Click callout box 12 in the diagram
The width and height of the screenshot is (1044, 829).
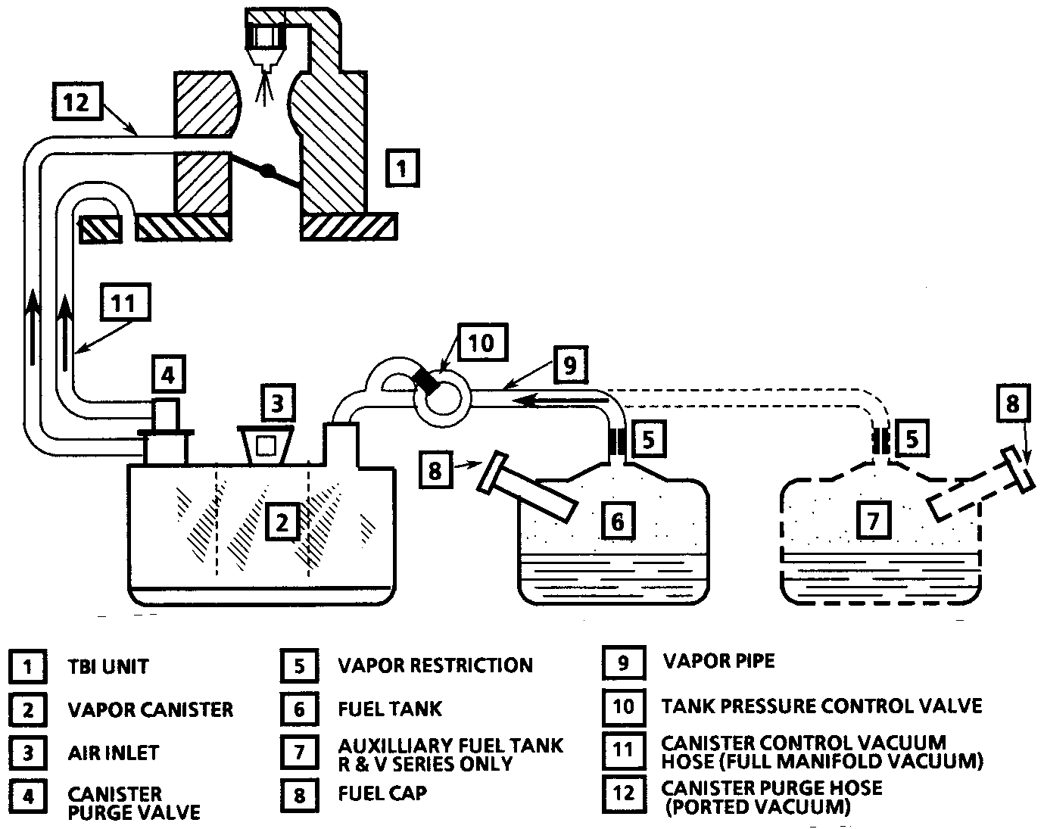click(77, 101)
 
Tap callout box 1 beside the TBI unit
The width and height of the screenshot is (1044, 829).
click(403, 168)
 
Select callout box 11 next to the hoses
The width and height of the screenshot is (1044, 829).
click(125, 302)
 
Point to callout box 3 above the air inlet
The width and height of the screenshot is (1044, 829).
click(278, 403)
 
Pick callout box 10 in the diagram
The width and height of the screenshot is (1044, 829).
click(482, 342)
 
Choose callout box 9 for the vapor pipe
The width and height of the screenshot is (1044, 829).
click(569, 365)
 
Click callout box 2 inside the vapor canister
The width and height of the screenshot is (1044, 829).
click(282, 522)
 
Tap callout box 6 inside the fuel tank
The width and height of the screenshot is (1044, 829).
click(618, 520)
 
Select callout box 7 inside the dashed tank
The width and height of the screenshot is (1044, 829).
click(874, 520)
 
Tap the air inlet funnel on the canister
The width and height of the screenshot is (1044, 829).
click(266, 444)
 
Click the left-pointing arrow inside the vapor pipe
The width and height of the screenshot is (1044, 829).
click(561, 400)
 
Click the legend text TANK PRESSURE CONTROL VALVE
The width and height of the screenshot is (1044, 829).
click(822, 706)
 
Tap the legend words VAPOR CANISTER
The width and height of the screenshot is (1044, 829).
click(151, 709)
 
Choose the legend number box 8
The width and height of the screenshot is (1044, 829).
click(300, 795)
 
